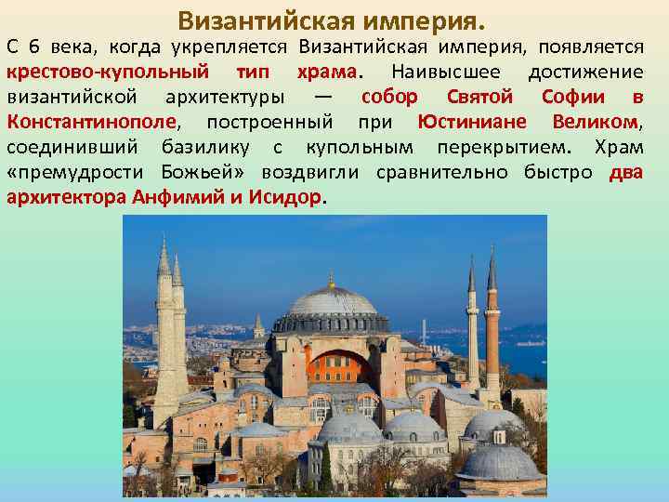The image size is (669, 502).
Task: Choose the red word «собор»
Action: (389, 97)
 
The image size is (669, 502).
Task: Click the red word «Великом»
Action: (595, 122)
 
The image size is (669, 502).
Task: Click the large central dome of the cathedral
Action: (332, 303)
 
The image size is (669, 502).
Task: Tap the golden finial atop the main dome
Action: (331, 278)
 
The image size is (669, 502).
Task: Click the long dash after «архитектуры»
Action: (321, 97)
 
